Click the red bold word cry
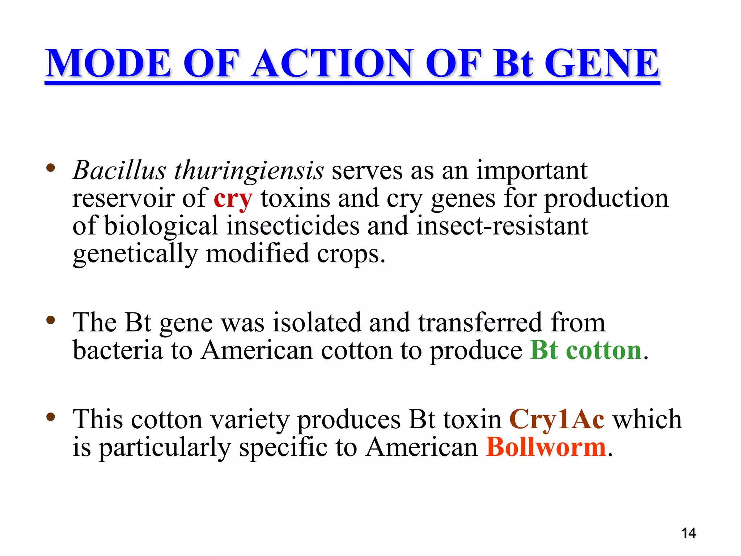(233, 199)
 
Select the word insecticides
(293, 226)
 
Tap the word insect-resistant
(502, 226)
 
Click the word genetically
(135, 254)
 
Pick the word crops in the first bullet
(351, 254)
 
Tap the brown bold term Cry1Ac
(556, 419)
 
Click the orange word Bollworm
(546, 447)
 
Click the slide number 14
(688, 533)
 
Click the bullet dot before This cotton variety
(51, 417)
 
